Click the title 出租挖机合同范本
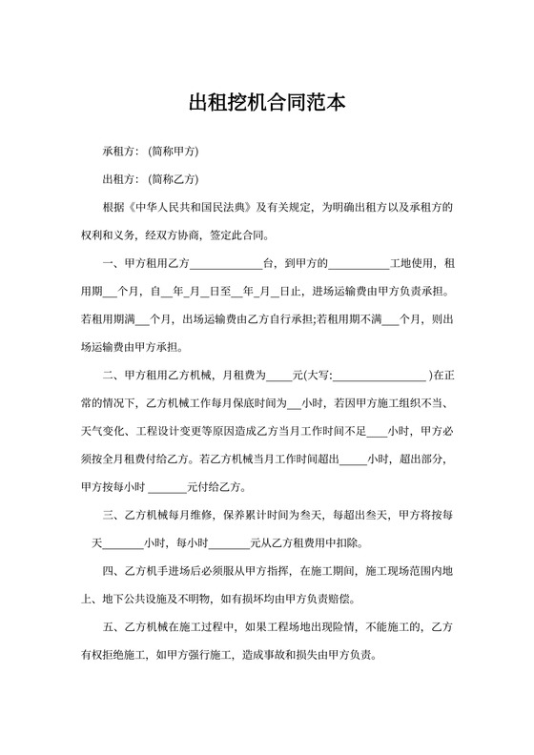click(x=267, y=101)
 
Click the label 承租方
click(x=119, y=152)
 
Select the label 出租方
click(x=119, y=179)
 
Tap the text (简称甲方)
click(x=174, y=152)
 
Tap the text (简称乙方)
click(x=174, y=179)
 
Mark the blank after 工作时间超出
click(x=353, y=459)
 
